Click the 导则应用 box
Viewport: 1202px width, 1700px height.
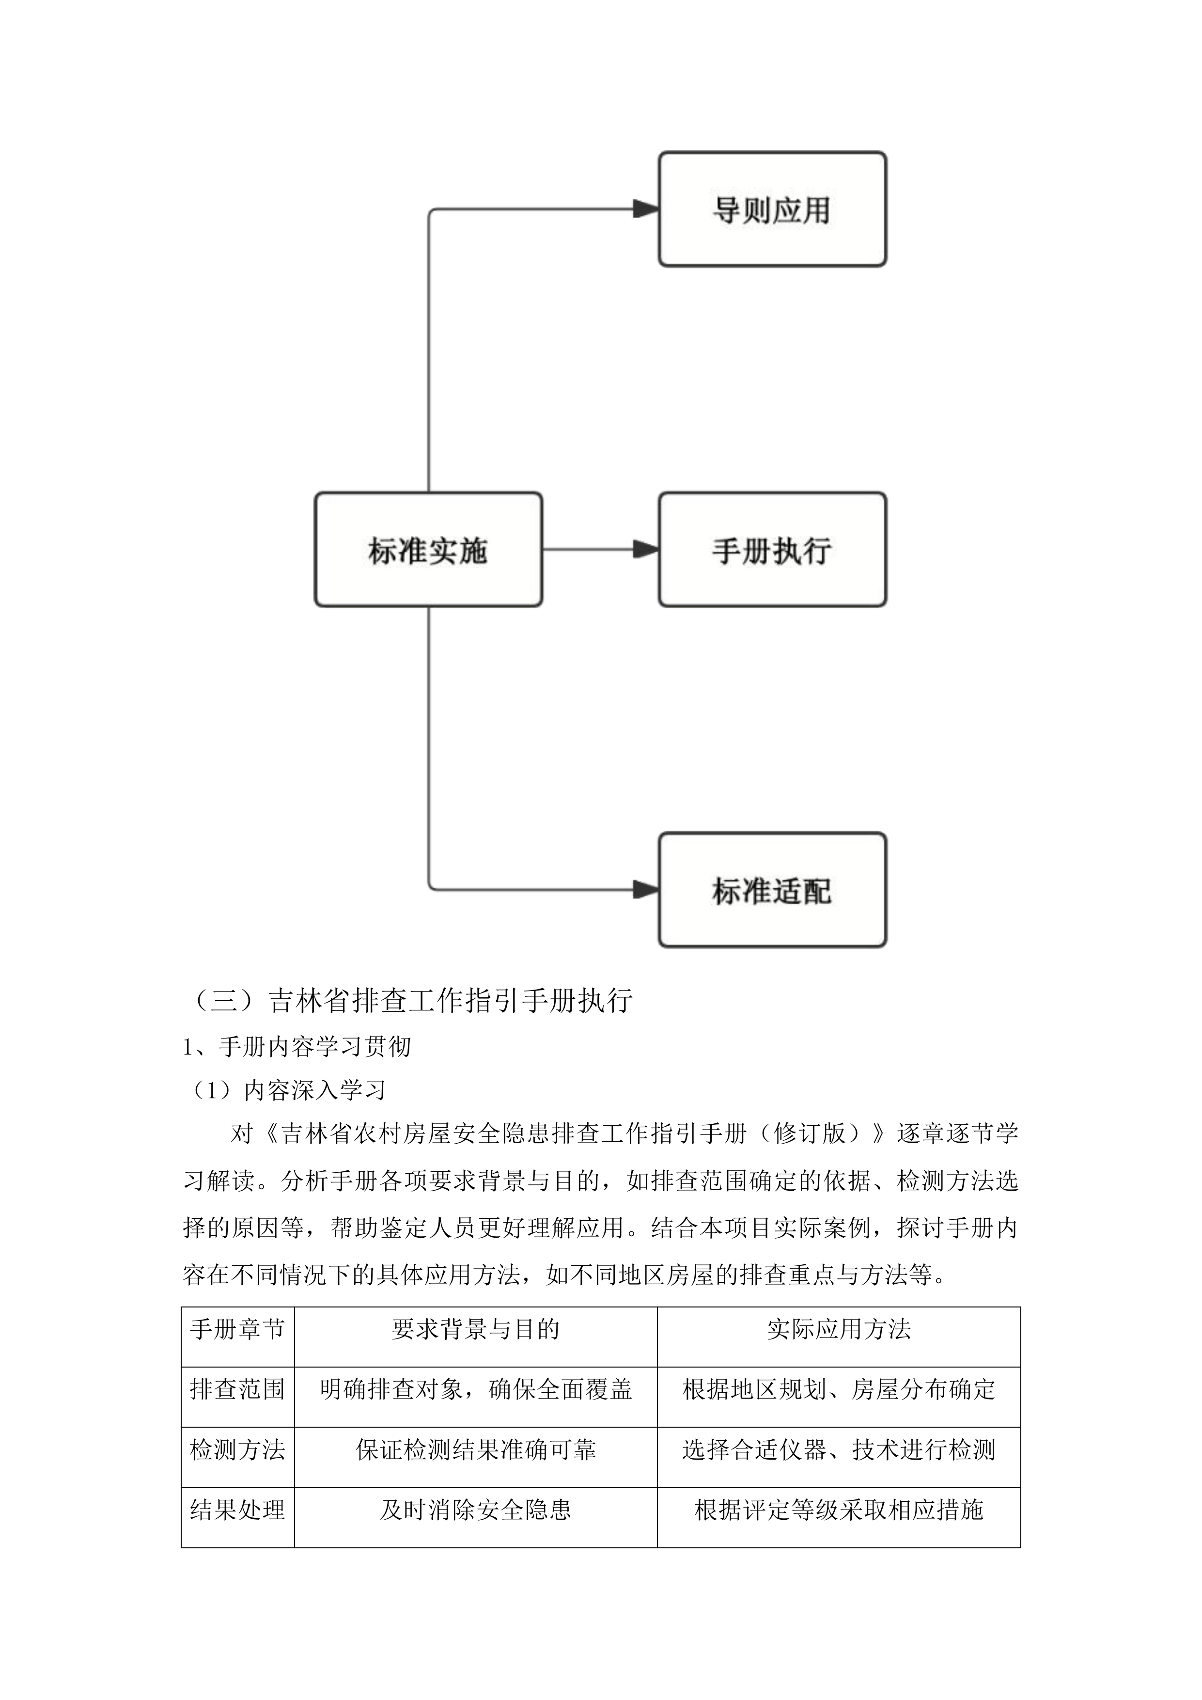[x=772, y=209]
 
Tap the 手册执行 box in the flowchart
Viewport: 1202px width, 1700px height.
[x=772, y=550]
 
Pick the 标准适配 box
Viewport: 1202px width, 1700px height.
[x=772, y=890]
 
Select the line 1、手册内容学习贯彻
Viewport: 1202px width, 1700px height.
[x=297, y=1046]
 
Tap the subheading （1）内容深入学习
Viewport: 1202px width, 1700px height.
[x=286, y=1090]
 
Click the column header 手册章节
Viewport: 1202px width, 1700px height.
[x=237, y=1329]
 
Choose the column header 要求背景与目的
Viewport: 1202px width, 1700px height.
[x=475, y=1329]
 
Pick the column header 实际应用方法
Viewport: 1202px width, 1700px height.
[x=839, y=1329]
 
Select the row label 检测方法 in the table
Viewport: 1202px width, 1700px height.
[x=237, y=1450]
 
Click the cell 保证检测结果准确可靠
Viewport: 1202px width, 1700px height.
[x=475, y=1450]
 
